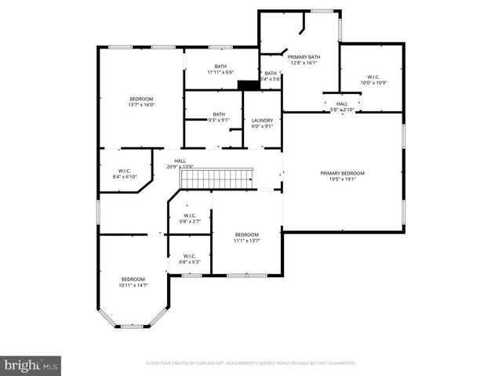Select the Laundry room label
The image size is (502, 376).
pos(262,120)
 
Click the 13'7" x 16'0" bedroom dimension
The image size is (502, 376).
pos(141,105)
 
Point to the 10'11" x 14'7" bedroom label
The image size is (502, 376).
pos(133,285)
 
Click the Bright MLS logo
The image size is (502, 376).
pos(31,365)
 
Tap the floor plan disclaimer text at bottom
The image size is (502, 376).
pos(250,363)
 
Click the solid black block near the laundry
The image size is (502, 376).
pos(248,85)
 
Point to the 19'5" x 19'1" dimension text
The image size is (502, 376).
pos(342,179)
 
